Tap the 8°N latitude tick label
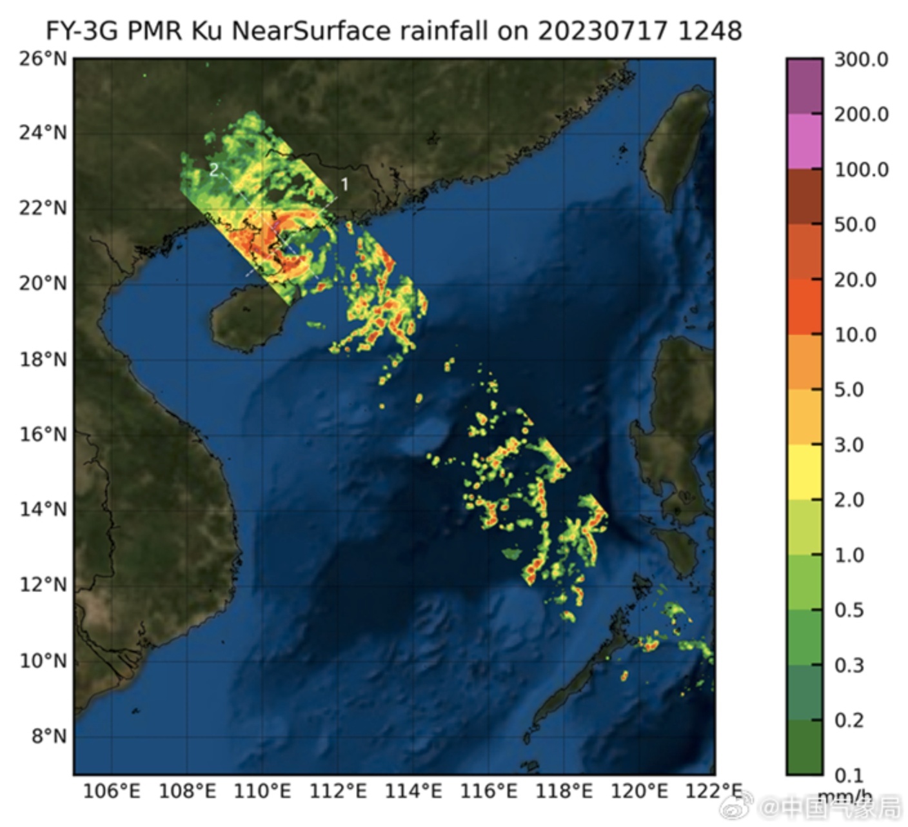[49, 736]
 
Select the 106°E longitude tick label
[112, 791]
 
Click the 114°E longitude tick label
[413, 791]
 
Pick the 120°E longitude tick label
[639, 791]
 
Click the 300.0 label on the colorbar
[861, 60]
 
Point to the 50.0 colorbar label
[856, 225]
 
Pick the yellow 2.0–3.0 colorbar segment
[804, 472]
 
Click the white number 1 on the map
[344, 184]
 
